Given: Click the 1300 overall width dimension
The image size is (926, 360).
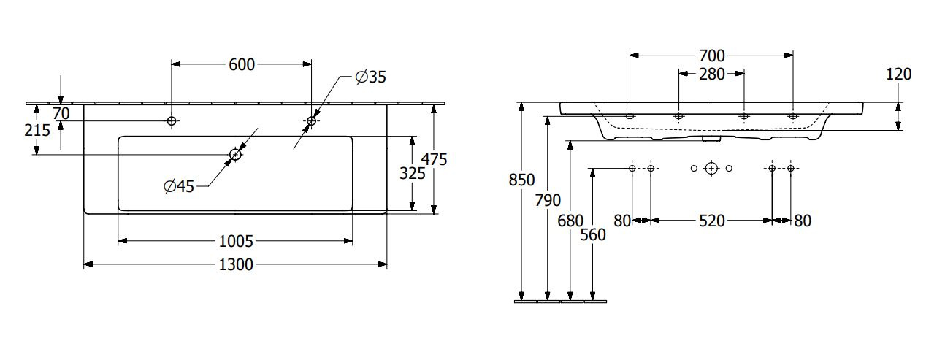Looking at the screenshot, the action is (x=236, y=264).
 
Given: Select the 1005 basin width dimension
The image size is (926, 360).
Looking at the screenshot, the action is (x=236, y=241).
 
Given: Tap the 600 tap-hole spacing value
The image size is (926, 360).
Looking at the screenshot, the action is (x=242, y=64).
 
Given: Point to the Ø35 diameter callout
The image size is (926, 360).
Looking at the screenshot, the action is (x=371, y=77).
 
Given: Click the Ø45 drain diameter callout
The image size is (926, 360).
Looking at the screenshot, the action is (x=179, y=186).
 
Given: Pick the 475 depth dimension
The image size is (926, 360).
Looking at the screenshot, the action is (x=435, y=159).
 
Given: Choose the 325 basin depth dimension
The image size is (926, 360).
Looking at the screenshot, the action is (x=412, y=173).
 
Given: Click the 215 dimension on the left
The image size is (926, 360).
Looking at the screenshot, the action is (x=37, y=130).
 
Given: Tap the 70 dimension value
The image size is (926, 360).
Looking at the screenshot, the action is (x=61, y=113).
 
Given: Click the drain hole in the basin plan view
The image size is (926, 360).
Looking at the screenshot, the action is (x=235, y=155).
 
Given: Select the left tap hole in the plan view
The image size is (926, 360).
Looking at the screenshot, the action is (x=172, y=120).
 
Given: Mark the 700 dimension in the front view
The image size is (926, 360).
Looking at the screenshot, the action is (x=712, y=55).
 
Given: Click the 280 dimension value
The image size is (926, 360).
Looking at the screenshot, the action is (x=712, y=74).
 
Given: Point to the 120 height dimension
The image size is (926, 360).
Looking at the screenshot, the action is (x=899, y=74).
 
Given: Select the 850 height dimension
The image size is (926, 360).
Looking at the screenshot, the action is (x=521, y=180).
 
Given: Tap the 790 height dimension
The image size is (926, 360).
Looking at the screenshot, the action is (x=548, y=201).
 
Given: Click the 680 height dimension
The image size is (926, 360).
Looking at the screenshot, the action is (x=570, y=221).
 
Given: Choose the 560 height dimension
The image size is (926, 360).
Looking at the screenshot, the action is (x=593, y=234).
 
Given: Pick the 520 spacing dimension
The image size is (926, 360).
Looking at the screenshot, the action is (x=712, y=221).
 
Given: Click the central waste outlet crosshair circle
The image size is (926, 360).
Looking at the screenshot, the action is (x=711, y=168).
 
